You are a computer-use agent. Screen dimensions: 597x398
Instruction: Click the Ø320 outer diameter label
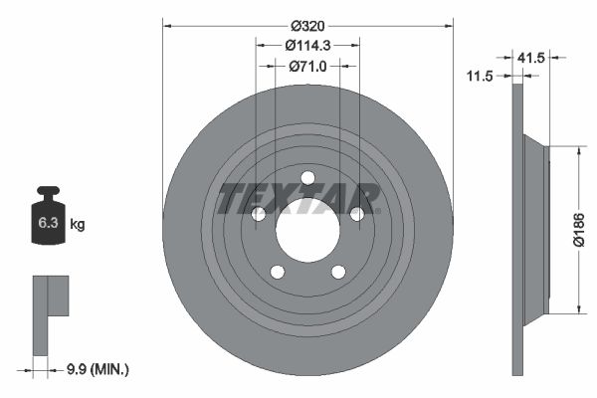pos(307,26)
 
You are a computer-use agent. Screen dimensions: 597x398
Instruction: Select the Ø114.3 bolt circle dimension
pos(307,46)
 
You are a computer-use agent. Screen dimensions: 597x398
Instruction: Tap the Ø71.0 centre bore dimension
pos(307,67)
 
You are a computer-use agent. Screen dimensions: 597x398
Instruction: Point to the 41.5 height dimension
pos(531,58)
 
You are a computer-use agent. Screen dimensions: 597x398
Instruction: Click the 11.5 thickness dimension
pos(480,77)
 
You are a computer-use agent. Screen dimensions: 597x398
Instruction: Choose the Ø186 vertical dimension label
pos(579,230)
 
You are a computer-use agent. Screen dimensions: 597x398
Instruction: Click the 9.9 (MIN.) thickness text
pos(98,369)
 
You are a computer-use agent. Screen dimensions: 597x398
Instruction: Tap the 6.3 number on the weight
pos(48,223)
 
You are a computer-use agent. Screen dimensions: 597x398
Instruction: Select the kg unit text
pos(78,224)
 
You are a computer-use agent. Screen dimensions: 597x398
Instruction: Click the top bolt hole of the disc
pos(307,178)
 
